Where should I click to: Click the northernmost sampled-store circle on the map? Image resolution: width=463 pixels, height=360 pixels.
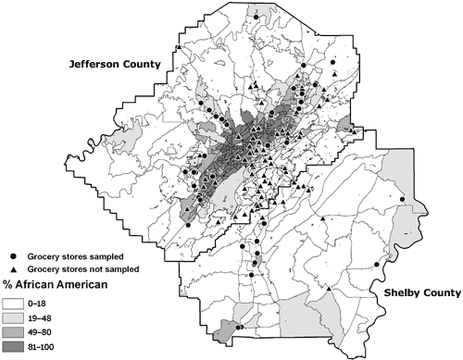click(x=257, y=17)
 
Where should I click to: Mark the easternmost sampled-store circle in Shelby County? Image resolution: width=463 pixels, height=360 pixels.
click(x=402, y=200)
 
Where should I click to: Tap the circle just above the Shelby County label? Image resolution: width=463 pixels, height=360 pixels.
click(x=376, y=265)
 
